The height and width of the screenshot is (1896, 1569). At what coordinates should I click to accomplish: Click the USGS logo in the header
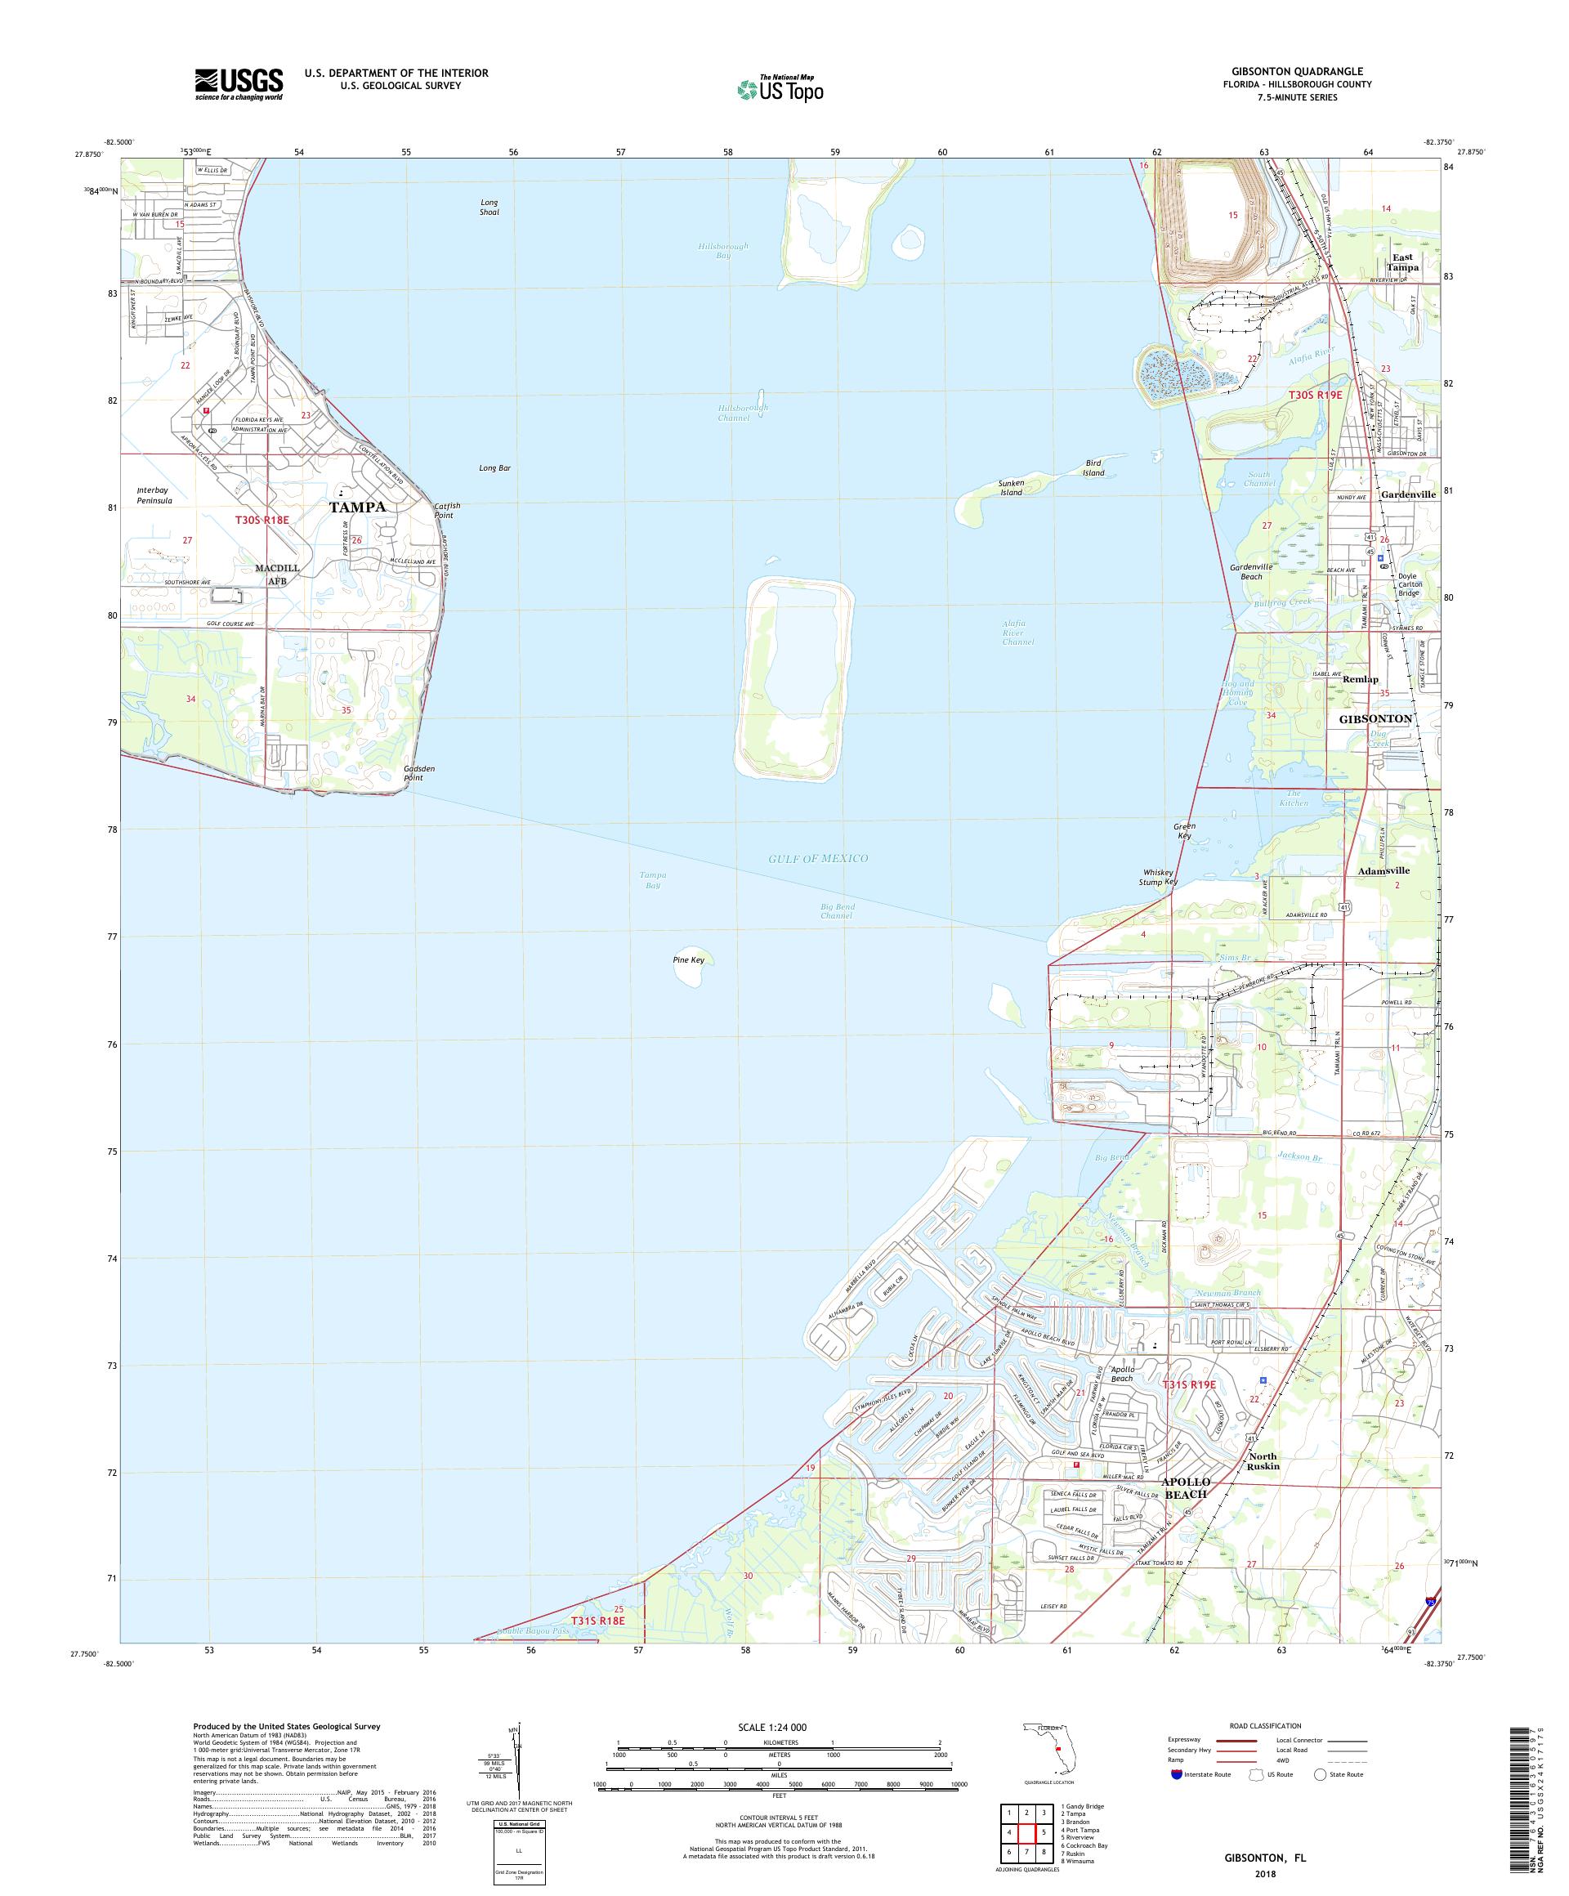[x=239, y=84]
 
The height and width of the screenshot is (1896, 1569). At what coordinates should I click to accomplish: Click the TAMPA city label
[x=356, y=507]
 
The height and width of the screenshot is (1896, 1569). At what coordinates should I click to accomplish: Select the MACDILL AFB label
[x=275, y=575]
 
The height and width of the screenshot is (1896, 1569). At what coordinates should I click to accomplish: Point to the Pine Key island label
[x=688, y=959]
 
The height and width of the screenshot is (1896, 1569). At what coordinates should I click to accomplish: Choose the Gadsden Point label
[x=419, y=773]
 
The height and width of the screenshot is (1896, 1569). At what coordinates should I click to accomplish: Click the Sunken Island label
[x=1010, y=489]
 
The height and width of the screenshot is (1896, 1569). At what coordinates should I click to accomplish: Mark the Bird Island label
[x=1093, y=467]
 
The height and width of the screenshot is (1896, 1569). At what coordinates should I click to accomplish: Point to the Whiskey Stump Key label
[x=1156, y=877]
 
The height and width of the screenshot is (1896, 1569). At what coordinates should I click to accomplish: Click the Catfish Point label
[x=447, y=510]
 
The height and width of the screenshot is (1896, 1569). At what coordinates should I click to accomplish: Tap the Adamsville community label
[x=1383, y=870]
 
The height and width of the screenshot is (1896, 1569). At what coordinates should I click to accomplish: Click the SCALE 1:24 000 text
[x=779, y=1726]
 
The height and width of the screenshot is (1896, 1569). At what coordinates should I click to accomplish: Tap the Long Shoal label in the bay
[x=489, y=207]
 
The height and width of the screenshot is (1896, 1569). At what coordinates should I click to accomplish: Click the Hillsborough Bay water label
[x=723, y=250]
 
